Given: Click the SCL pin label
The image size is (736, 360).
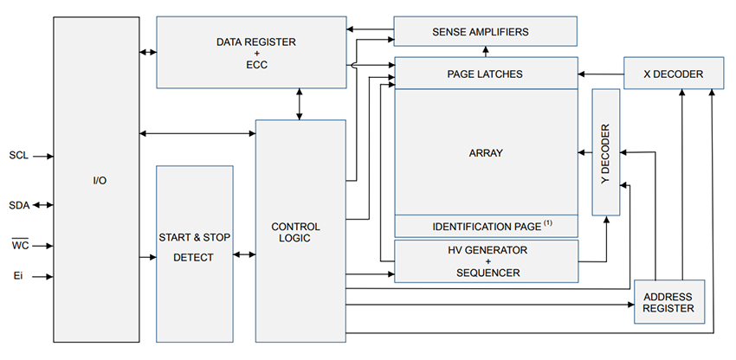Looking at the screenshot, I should pyautogui.click(x=18, y=157).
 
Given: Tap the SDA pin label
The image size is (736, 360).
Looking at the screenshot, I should pyautogui.click(x=18, y=205).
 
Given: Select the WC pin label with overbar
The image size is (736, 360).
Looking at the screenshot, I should pyautogui.click(x=19, y=246).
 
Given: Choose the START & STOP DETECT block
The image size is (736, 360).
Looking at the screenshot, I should pyautogui.click(x=194, y=247).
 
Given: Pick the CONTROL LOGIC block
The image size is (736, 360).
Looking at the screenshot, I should pyautogui.click(x=300, y=233).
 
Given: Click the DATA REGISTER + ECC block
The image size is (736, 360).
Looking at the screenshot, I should pyautogui.click(x=255, y=53).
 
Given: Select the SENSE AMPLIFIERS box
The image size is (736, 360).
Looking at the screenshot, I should pyautogui.click(x=486, y=32).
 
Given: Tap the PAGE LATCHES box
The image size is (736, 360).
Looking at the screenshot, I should pyautogui.click(x=485, y=74).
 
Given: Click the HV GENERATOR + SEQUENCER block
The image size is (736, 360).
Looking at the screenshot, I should pyautogui.click(x=485, y=260).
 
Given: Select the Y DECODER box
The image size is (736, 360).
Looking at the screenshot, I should pyautogui.click(x=606, y=152).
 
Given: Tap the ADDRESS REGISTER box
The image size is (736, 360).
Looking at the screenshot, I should pyautogui.click(x=668, y=302).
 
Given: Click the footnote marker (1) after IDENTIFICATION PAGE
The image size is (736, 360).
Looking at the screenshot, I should pyautogui.click(x=548, y=223).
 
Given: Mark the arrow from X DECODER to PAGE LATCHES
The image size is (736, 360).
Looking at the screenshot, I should pyautogui.click(x=601, y=74).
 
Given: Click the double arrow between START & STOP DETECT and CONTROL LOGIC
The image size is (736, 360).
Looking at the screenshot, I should pyautogui.click(x=244, y=254).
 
